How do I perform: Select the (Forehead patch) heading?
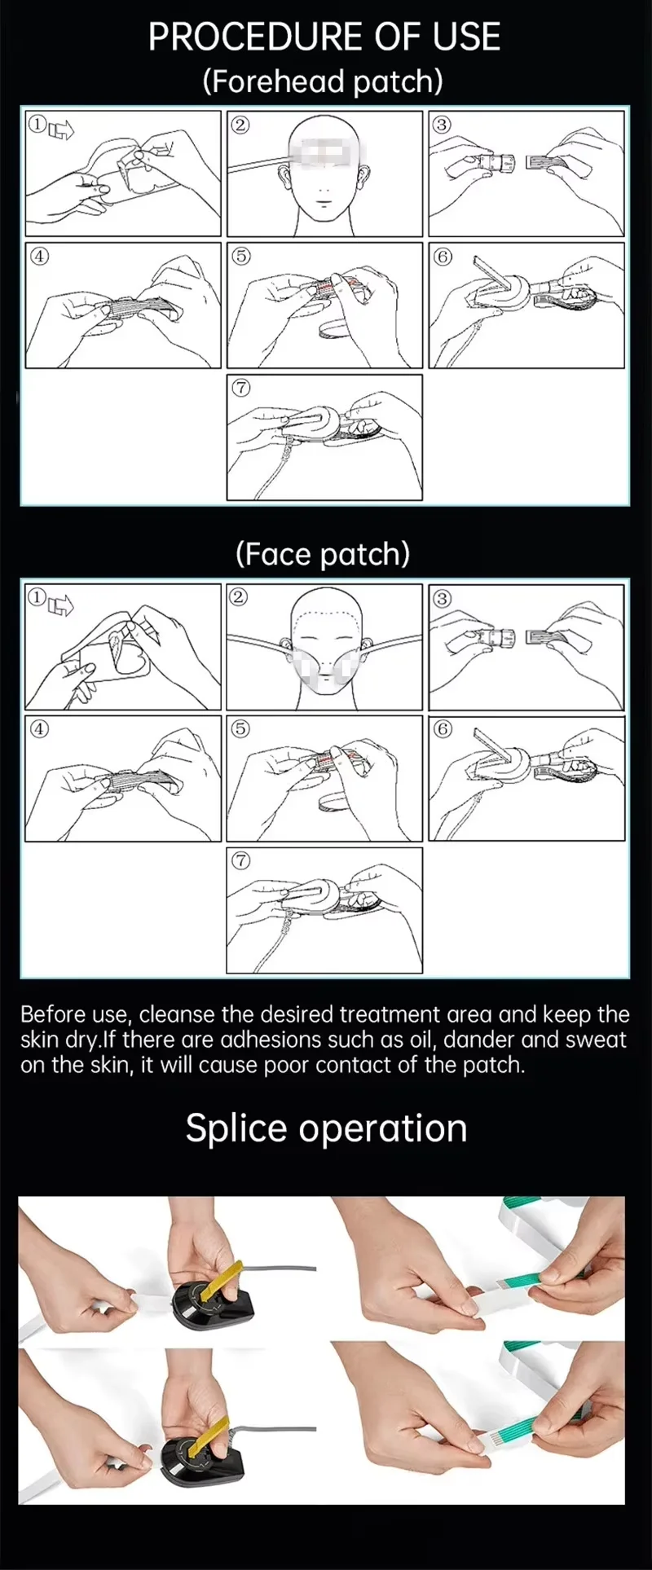click(x=324, y=81)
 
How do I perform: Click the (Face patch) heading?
click(x=323, y=554)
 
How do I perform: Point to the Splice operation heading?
click(x=326, y=1129)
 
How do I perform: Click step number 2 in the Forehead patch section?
click(x=240, y=125)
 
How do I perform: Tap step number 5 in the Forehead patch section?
click(x=240, y=256)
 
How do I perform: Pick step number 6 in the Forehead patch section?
click(x=443, y=257)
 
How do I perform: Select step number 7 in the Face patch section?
click(x=240, y=860)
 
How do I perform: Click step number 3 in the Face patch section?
click(x=442, y=599)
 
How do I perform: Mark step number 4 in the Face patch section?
click(x=39, y=728)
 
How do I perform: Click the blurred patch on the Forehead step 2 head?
click(x=326, y=153)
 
